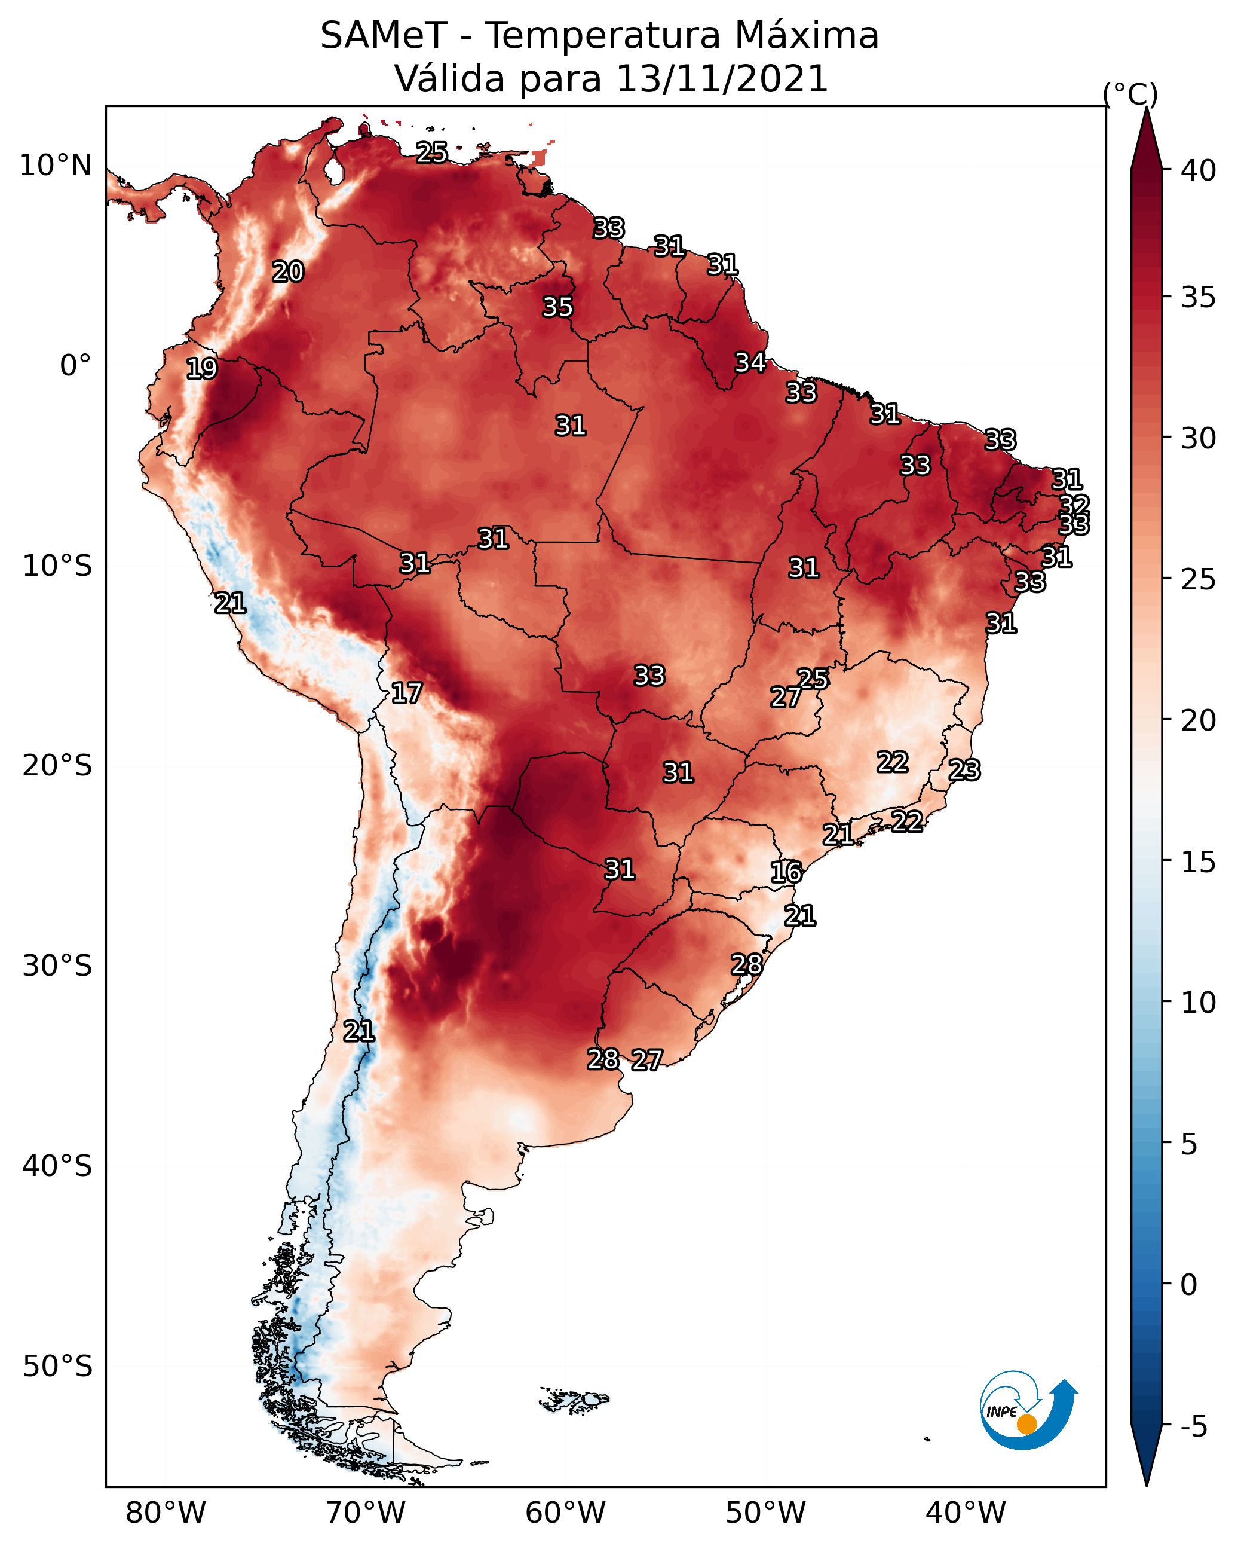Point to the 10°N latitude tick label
tap(55, 166)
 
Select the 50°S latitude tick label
tap(57, 1367)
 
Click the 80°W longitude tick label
tap(166, 1514)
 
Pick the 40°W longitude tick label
tap(966, 1514)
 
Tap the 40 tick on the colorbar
tap(1199, 170)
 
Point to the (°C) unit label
tap(1130, 94)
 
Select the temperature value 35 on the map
tap(557, 307)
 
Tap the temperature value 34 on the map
tap(750, 363)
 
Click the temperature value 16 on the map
tap(786, 872)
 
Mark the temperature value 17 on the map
tap(406, 693)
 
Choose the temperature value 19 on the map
tap(201, 369)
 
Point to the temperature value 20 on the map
tap(288, 272)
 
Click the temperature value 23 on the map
tap(964, 770)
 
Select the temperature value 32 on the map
tap(1074, 505)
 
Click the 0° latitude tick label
tap(75, 366)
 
